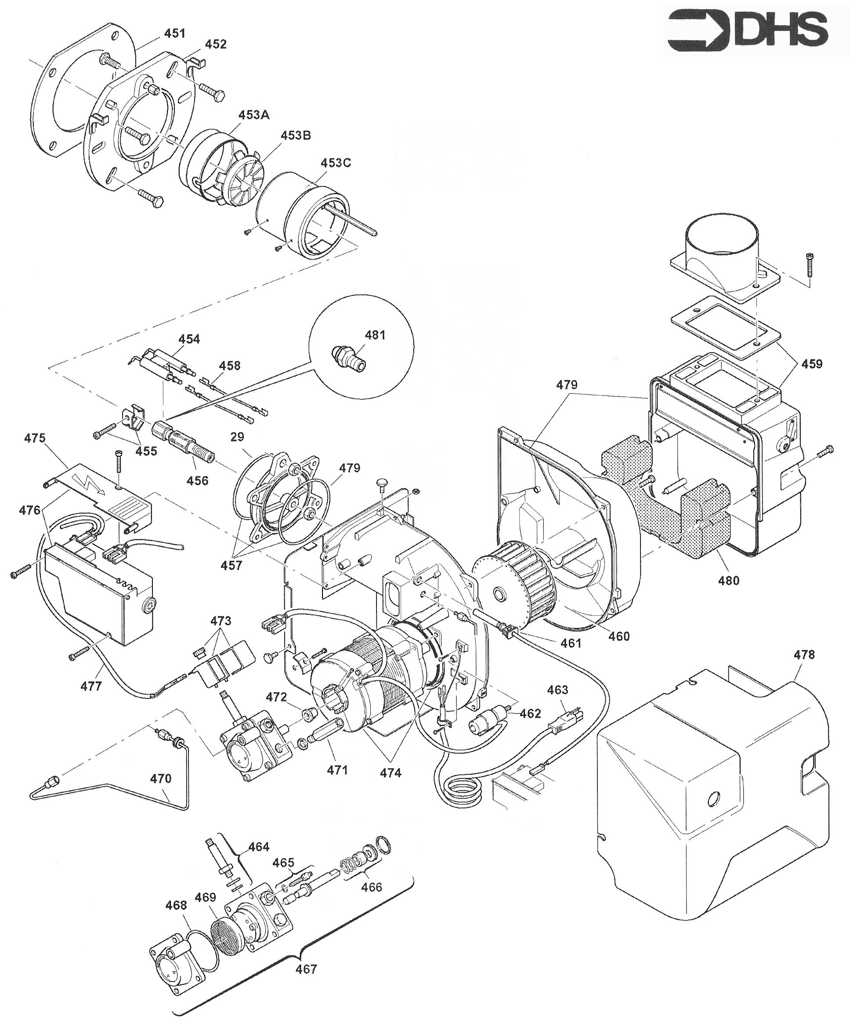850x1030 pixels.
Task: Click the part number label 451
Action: (175, 33)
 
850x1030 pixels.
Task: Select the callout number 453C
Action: (336, 163)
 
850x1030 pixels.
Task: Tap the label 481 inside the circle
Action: (375, 335)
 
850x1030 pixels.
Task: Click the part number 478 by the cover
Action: (804, 654)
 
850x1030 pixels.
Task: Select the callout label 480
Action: (729, 581)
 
